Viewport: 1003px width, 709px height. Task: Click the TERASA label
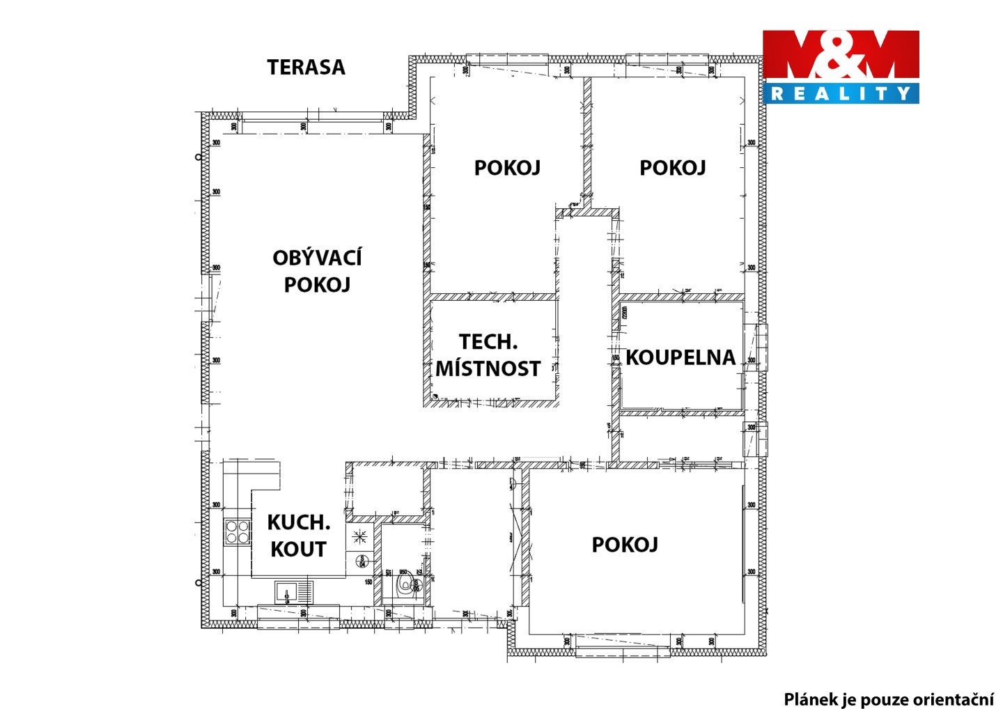click(306, 68)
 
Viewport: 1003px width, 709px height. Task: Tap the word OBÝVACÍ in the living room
click(317, 258)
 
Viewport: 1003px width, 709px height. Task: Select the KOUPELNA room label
click(681, 357)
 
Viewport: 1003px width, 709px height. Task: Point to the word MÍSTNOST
click(488, 368)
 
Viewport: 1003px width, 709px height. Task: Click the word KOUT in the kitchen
click(298, 549)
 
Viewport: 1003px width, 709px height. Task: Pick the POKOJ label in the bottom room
click(625, 545)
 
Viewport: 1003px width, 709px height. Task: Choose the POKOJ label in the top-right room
click(672, 168)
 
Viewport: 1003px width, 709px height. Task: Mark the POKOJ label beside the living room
click(507, 168)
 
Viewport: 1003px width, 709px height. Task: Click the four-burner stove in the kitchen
click(236, 532)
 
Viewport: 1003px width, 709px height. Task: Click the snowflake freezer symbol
click(361, 536)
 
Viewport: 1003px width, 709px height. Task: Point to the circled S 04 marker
click(361, 560)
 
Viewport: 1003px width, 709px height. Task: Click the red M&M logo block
click(841, 56)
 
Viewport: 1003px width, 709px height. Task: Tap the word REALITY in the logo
click(841, 93)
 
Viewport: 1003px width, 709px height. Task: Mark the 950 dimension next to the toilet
click(403, 570)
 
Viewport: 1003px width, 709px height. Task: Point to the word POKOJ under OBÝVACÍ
click(317, 285)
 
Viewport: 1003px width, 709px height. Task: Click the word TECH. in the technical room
click(488, 342)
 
